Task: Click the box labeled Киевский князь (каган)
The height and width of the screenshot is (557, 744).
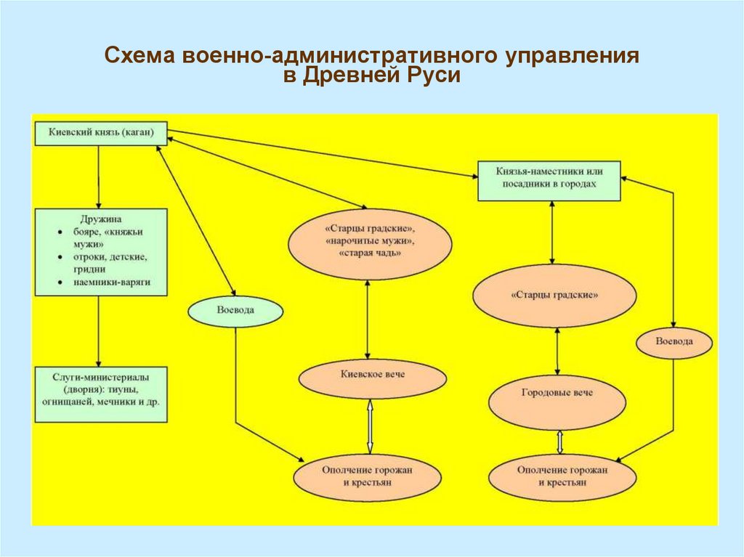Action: point(101,133)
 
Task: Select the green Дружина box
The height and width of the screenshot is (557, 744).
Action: point(101,251)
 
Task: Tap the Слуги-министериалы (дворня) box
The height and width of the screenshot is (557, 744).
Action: point(101,394)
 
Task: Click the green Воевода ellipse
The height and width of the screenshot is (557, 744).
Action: point(235,311)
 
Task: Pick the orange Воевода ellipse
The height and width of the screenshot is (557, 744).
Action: point(674,341)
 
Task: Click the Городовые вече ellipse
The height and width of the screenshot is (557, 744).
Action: point(557,393)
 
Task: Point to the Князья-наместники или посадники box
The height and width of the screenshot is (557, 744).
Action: point(549,179)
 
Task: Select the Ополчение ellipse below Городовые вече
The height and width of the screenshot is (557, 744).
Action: point(562,477)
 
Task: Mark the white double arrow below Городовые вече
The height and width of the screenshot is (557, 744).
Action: point(559,442)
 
